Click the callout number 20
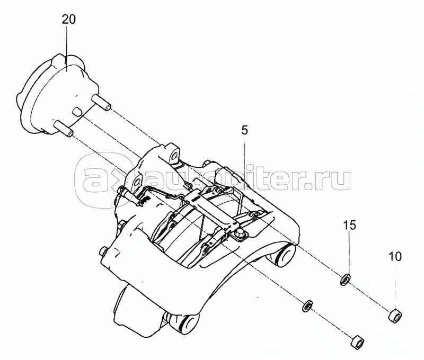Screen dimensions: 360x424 click(x=68, y=20)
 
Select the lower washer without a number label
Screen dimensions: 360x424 click(x=306, y=305)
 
